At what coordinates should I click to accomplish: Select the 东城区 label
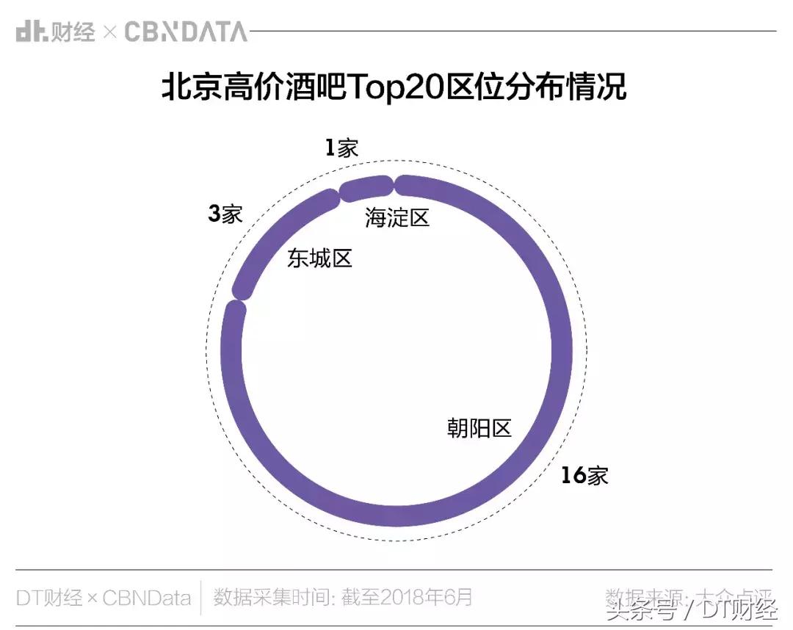[319, 258]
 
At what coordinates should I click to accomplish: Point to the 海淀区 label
[396, 218]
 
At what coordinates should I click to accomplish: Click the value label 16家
[584, 476]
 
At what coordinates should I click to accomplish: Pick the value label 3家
[225, 214]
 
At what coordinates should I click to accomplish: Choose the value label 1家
[341, 148]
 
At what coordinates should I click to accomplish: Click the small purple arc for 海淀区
[365, 187]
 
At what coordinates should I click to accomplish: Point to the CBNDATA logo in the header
[186, 32]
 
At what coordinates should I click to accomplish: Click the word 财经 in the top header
[74, 32]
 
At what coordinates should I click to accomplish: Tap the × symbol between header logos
[109, 32]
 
